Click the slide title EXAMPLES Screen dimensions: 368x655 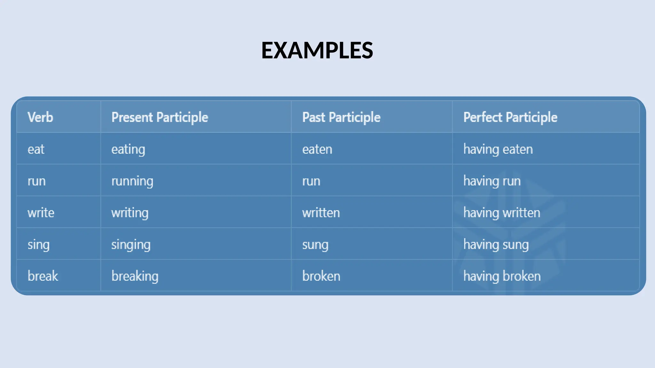click(317, 50)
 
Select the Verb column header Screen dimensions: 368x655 click(40, 117)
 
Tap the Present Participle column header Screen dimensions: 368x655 click(160, 117)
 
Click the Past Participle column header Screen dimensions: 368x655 click(341, 117)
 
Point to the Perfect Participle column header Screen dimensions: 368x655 click(510, 117)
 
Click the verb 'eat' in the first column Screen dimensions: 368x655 click(36, 149)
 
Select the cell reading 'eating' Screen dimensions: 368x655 click(128, 149)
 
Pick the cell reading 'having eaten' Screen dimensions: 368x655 click(498, 149)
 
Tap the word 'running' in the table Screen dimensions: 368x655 click(132, 181)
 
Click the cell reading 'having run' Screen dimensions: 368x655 click(492, 181)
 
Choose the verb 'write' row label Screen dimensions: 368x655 click(41, 213)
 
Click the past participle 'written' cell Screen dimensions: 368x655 click(321, 213)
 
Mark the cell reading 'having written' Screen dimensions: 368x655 click(501, 213)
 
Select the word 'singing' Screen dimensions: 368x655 click(131, 245)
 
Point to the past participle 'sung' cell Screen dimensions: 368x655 click(315, 245)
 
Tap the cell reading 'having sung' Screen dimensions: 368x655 click(496, 245)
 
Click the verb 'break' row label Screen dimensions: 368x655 click(43, 276)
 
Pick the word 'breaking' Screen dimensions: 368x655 click(135, 276)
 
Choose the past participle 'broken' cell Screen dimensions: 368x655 click(321, 276)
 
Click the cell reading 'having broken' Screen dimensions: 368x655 click(502, 276)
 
